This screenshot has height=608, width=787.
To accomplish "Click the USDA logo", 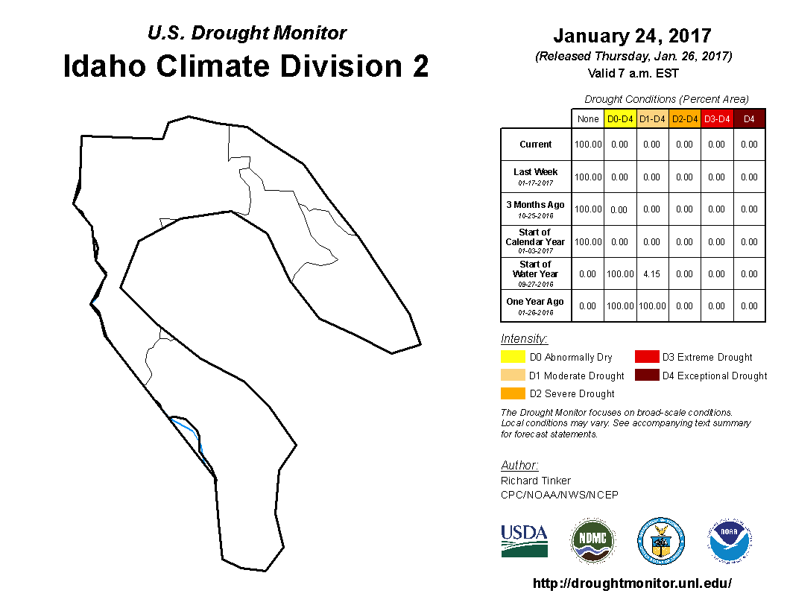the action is [x=524, y=541].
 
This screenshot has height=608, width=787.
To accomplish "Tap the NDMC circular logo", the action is [x=592, y=541].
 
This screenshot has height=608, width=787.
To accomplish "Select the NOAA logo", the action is [x=730, y=541].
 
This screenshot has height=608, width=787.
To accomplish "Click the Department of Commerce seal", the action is [x=661, y=541].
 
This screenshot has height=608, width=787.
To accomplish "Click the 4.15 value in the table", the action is [x=651, y=274].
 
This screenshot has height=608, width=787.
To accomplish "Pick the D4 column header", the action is [x=749, y=119].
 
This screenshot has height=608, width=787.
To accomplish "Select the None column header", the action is [x=588, y=119].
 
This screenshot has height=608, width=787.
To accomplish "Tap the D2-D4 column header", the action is [x=685, y=119].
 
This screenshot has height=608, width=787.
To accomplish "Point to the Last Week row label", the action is [x=536, y=176].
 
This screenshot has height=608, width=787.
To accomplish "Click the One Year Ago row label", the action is [x=535, y=306].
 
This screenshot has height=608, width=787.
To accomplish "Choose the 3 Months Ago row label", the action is [x=536, y=209].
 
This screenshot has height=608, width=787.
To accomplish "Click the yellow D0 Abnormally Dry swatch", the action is [x=513, y=357].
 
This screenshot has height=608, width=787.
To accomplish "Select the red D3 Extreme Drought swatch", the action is [x=647, y=357].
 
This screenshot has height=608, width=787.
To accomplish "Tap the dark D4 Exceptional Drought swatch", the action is [x=647, y=376].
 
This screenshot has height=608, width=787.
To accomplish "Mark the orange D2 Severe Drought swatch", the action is [x=513, y=393].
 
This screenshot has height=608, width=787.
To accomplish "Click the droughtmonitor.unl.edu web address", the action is [x=633, y=583].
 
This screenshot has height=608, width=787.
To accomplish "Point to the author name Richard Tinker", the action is [x=536, y=481].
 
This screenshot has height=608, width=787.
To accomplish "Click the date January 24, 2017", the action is [x=633, y=36].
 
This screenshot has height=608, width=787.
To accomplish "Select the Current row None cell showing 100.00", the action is [x=588, y=145].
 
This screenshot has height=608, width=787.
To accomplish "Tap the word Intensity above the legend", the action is [x=524, y=338].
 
